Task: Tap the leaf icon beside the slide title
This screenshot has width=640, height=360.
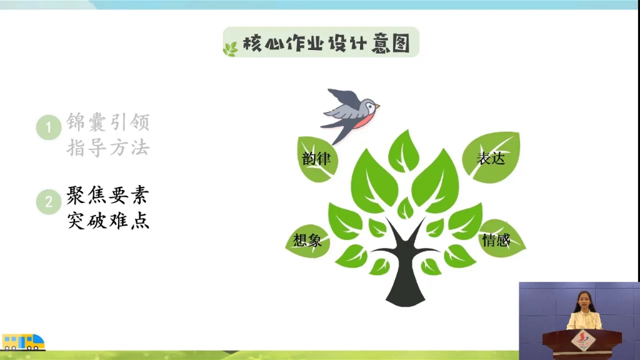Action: coord(231,48)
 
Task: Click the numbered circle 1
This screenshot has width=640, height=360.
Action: coord(48,128)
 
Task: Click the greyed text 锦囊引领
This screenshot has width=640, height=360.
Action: coord(108,122)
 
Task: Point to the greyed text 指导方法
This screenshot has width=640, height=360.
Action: coord(108,148)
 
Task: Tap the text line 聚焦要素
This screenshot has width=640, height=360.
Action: coord(108,196)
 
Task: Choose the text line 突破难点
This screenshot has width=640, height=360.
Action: coord(108,221)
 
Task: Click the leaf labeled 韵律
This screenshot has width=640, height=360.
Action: coord(316,158)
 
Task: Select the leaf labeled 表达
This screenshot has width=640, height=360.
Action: coord(491,157)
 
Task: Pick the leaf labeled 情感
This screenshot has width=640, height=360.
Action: coord(497,239)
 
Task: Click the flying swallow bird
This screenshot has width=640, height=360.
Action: coord(350,112)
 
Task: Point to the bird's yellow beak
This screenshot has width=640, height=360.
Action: coord(377,107)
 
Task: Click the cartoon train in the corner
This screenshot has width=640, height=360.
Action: coord(24,342)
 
